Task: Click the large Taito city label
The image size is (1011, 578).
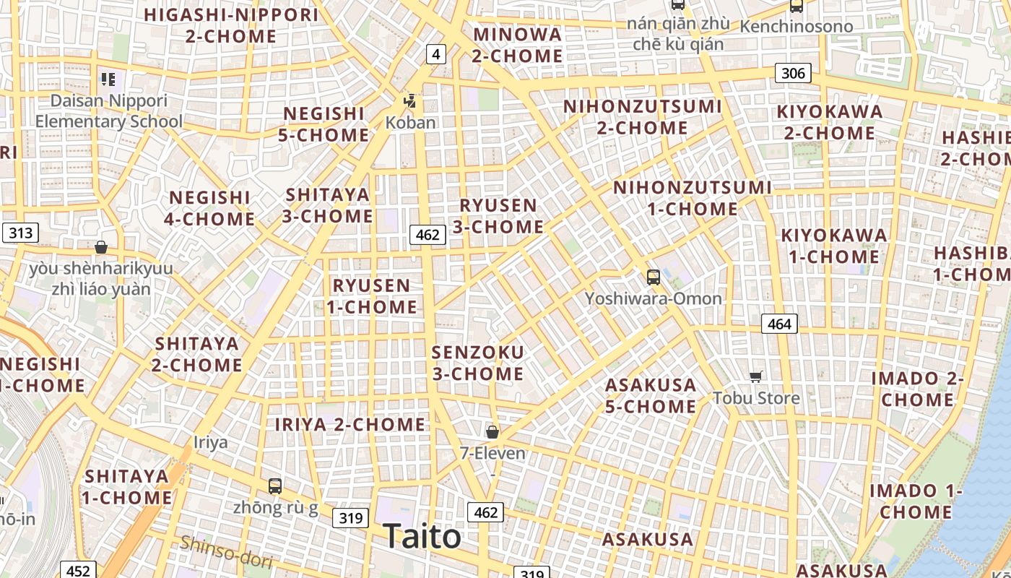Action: [422, 536]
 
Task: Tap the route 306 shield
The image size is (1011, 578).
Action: [793, 73]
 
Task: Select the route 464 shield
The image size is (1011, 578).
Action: [779, 324]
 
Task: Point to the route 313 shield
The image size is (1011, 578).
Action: [20, 233]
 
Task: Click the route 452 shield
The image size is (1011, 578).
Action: [77, 571]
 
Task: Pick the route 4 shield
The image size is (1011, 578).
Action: [435, 53]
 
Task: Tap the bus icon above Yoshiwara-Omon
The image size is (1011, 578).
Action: [653, 277]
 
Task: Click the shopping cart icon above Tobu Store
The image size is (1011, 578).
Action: [756, 376]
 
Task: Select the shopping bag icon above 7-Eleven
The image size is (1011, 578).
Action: [493, 432]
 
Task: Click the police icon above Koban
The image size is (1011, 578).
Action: [410, 101]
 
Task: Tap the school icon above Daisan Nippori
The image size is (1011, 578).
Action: [108, 79]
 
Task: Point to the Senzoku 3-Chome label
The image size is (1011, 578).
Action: [477, 363]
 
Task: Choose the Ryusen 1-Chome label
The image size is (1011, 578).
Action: [372, 296]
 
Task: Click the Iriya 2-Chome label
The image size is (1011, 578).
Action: [350, 424]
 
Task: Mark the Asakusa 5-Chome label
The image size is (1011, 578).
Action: [651, 395]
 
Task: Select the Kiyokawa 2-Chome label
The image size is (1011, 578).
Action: [830, 122]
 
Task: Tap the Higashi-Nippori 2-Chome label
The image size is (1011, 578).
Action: [231, 25]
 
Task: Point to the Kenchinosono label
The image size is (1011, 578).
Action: [797, 27]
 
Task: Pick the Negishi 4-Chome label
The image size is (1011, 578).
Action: [209, 208]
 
